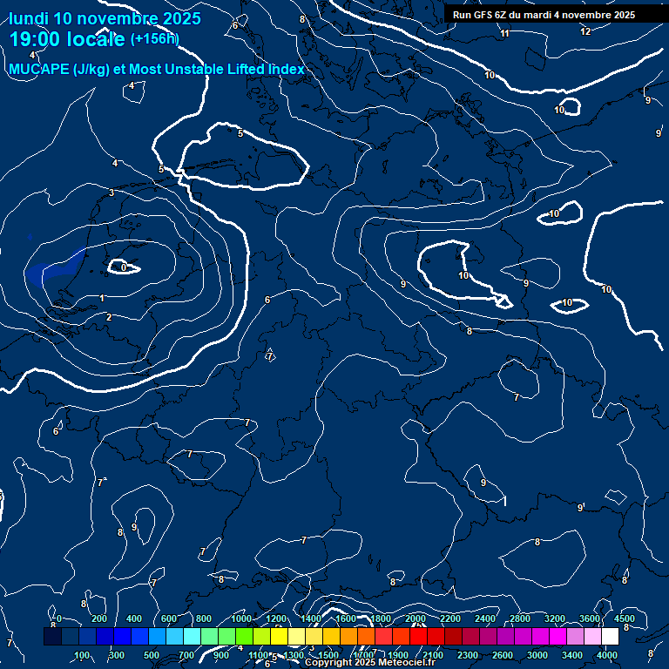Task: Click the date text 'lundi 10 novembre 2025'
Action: coord(105,18)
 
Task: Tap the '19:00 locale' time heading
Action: coord(67,39)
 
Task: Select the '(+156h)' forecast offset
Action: coord(154,38)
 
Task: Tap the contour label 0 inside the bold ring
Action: coord(124,267)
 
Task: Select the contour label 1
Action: coord(102,298)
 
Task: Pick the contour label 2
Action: coord(109,317)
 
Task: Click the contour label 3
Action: coord(111,193)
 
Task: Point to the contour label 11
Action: coord(504,33)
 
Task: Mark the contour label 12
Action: coord(585,31)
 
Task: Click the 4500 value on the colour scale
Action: coord(624,618)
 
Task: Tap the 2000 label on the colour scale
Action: coord(416,618)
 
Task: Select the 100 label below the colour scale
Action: coord(82,655)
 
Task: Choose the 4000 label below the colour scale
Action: coord(607,655)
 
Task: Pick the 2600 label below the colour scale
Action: coord(503,655)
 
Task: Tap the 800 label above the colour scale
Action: coord(204,618)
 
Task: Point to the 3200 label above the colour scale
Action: coord(555,618)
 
